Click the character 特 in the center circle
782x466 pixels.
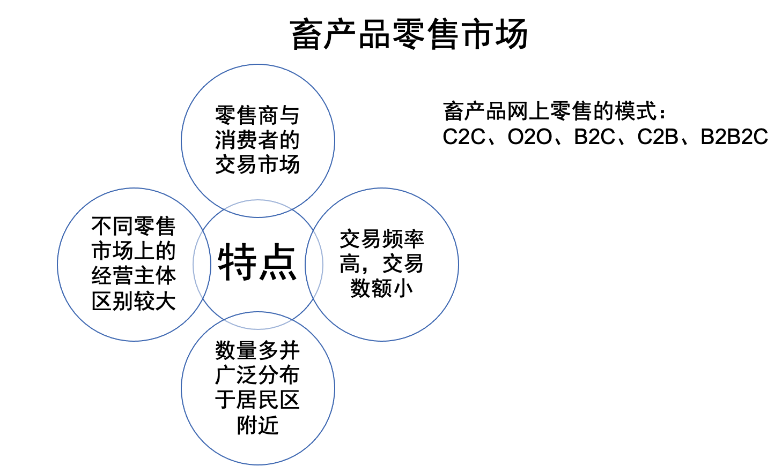(237, 262)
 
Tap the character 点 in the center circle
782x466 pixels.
(278, 262)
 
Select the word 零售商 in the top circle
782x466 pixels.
(246, 115)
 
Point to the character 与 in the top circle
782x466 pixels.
(290, 115)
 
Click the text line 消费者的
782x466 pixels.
(257, 140)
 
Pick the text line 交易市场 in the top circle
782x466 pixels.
(257, 165)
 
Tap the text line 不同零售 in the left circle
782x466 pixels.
(134, 227)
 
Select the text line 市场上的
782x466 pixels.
(134, 251)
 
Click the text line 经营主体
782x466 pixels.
(134, 276)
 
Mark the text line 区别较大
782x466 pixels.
(134, 302)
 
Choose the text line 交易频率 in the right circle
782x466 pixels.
(382, 239)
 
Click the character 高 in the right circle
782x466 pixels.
(350, 264)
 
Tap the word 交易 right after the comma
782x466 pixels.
(403, 264)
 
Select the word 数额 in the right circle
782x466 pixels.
(371, 289)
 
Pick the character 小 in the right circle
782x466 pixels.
(403, 289)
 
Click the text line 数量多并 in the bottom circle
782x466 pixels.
(257, 351)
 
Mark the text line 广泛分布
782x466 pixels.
(257, 375)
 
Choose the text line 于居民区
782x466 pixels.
(257, 400)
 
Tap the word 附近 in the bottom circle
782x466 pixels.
(257, 425)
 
